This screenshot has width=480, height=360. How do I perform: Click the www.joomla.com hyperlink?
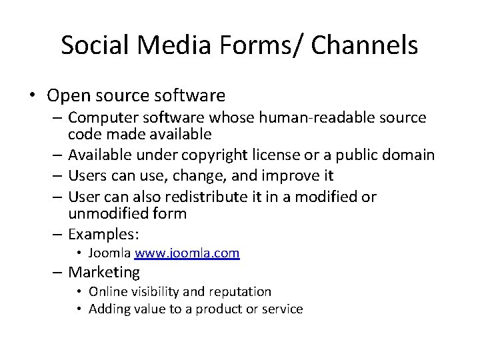pyautogui.click(x=187, y=253)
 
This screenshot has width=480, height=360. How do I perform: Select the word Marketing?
pyautogui.click(x=104, y=272)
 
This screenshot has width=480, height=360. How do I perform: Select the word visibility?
pyautogui.click(x=154, y=291)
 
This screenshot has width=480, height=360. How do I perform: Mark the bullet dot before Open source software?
pyautogui.click(x=31, y=97)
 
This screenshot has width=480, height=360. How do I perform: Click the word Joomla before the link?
pyautogui.click(x=109, y=253)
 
